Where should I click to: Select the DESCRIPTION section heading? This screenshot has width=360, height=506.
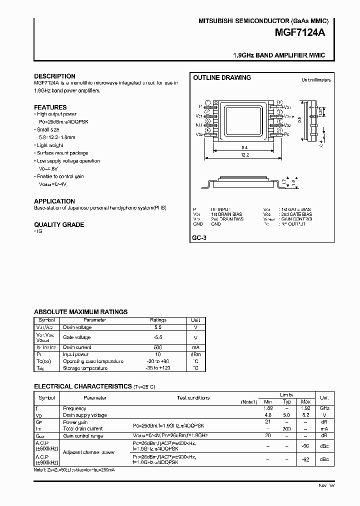54,76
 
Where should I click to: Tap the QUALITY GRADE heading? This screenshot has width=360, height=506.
59,225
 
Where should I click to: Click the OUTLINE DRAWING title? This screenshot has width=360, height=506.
222,78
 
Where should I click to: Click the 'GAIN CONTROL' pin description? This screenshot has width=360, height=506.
296,219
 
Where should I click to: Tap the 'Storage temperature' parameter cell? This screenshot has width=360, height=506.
85,368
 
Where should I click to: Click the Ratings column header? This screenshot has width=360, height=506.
158,320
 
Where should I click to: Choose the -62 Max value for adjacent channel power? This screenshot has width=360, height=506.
306,459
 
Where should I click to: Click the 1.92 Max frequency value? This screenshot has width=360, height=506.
306,408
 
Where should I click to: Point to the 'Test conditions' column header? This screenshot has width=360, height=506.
193,398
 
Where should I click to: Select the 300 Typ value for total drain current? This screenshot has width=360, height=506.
287,428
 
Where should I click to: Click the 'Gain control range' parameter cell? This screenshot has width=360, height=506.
83,436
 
